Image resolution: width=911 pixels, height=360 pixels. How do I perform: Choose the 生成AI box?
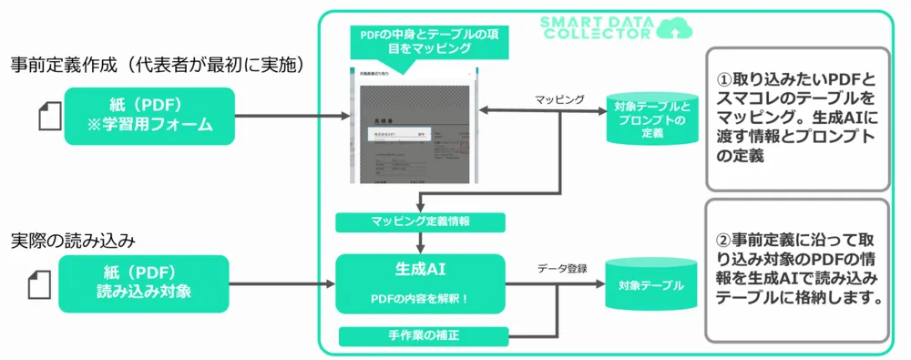(x=420, y=283)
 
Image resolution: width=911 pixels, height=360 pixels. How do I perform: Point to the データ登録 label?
(x=562, y=268)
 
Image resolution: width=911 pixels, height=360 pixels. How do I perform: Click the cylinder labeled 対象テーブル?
(x=650, y=285)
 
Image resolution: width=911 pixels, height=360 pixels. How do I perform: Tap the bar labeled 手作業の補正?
(x=420, y=336)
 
